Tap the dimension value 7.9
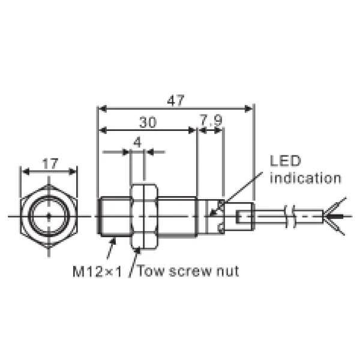pyautogui.click(x=211, y=122)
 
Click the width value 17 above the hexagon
pyautogui.click(x=50, y=163)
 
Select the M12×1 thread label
pyautogui.click(x=97, y=271)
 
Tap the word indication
pyautogui.click(x=305, y=178)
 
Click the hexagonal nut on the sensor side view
pyautogui.click(x=144, y=215)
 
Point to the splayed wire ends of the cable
pyautogui.click(x=336, y=214)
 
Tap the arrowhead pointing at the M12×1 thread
pyautogui.click(x=114, y=242)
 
